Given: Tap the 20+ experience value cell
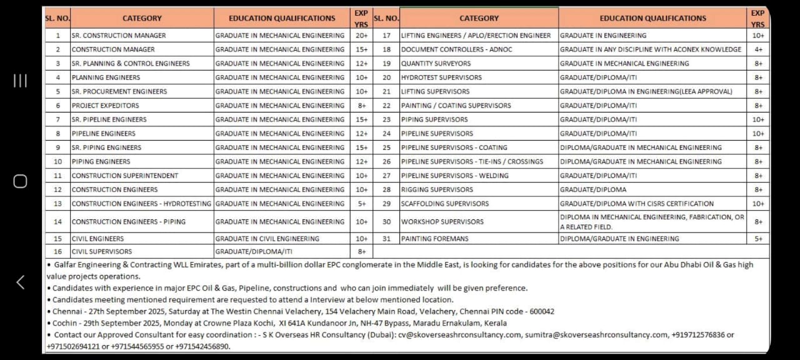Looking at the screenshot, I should [x=361, y=36].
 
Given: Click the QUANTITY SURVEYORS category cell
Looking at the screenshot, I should [x=436, y=63].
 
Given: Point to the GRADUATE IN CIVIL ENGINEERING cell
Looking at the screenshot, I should [x=267, y=239].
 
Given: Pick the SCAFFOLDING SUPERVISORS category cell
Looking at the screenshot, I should [x=445, y=204].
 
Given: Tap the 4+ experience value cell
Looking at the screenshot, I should [x=758, y=49].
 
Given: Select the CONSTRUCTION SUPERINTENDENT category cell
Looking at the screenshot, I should [x=125, y=176].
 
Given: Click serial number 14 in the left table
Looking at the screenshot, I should [x=57, y=221].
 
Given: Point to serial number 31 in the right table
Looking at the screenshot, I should [x=386, y=239].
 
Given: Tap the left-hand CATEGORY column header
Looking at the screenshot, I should [x=142, y=18].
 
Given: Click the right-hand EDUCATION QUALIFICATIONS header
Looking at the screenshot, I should [x=652, y=18].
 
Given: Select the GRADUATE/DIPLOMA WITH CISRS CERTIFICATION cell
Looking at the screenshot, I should [x=636, y=204].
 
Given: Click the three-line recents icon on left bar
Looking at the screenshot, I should [x=20, y=81].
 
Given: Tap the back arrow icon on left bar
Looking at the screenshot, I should [x=20, y=282].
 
